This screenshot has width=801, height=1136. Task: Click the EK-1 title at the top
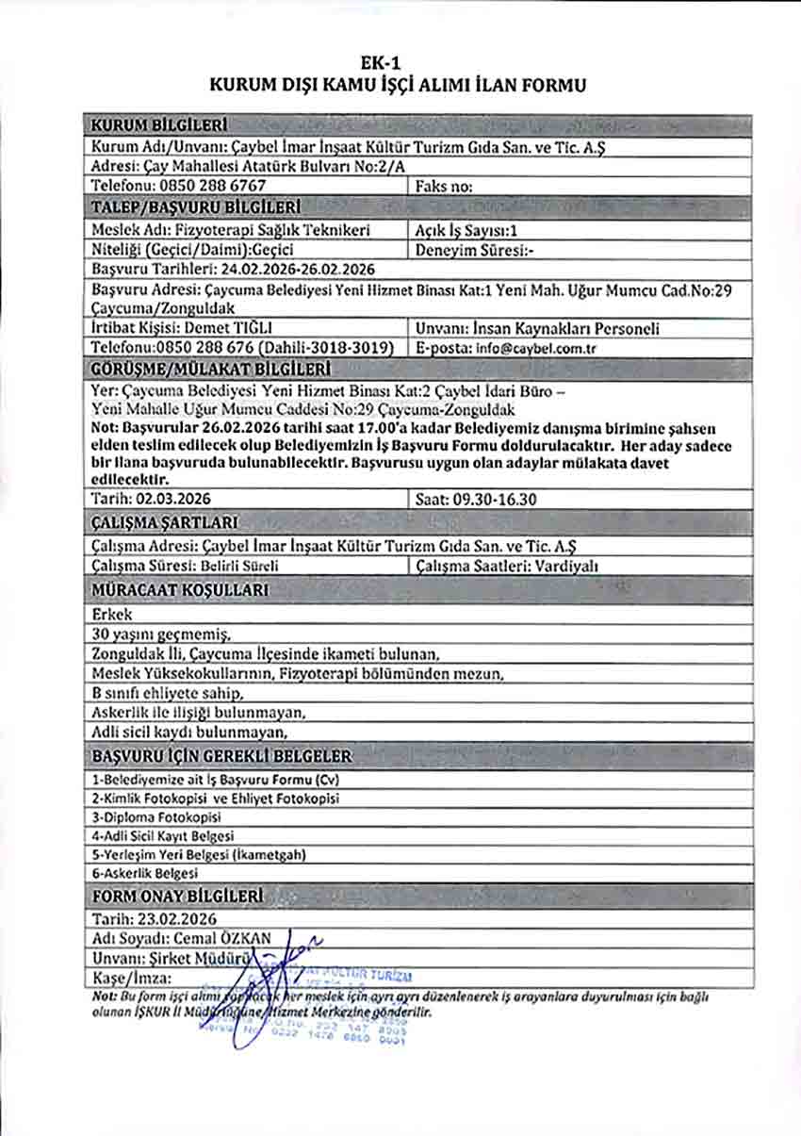pos(399,63)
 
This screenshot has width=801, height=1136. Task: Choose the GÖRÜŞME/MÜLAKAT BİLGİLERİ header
pos(208,368)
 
